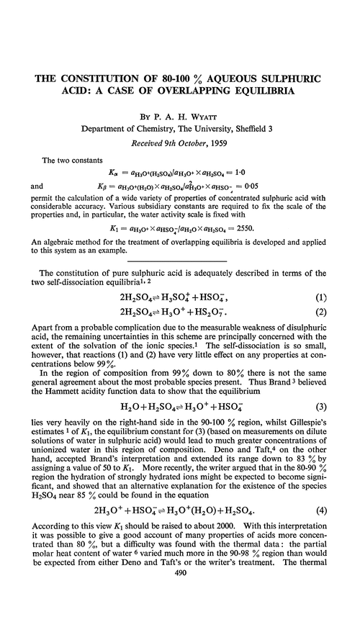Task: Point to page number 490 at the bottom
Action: click(x=180, y=611)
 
